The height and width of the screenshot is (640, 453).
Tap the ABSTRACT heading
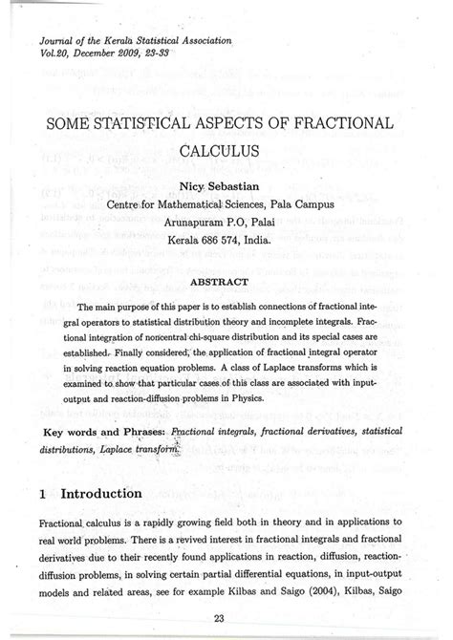click(x=226, y=255)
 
